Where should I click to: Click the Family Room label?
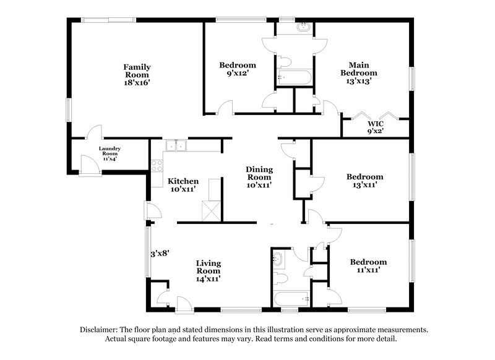coord(137,71)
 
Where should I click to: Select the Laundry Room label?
coord(110,153)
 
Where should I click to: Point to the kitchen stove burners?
coord(157,166)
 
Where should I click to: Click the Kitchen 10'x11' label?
coord(183,185)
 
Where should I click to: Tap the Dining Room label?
coord(259,173)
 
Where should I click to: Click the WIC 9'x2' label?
coord(375,126)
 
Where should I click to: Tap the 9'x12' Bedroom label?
coord(238,69)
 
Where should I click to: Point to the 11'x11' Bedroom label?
coord(368,265)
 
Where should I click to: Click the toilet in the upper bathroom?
coord(284,61)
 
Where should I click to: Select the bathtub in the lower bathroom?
coord(291,299)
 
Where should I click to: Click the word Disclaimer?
coord(100,330)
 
